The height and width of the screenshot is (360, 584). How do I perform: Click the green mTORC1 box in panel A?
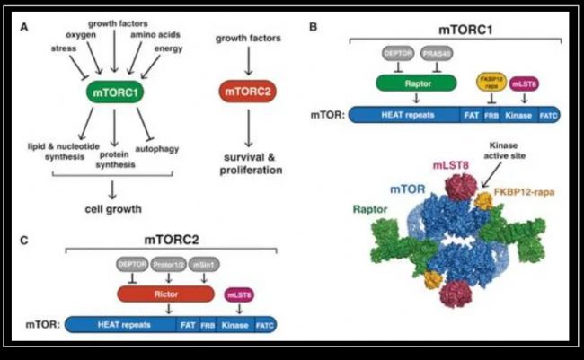[113, 91]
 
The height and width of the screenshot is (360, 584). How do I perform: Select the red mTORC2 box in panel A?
[246, 91]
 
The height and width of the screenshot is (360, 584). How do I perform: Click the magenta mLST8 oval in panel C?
[238, 294]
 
